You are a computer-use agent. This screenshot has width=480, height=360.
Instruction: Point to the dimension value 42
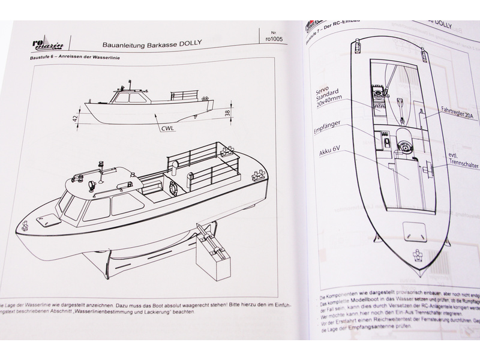pyautogui.click(x=76, y=118)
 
